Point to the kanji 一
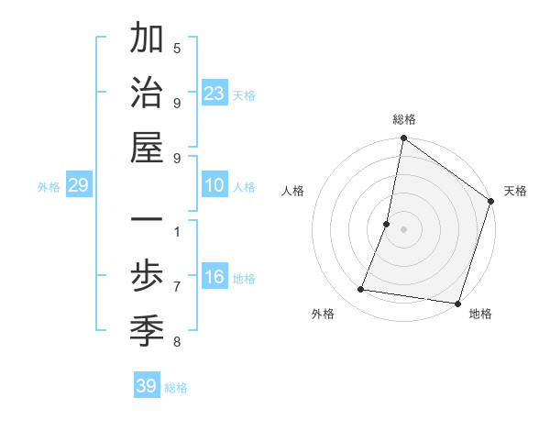(x=147, y=222)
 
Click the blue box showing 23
(x=214, y=94)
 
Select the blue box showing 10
(x=214, y=185)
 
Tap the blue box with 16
(x=214, y=278)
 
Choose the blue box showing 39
(x=147, y=386)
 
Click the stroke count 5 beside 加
(x=177, y=49)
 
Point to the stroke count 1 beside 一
(x=177, y=231)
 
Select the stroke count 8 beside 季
(x=177, y=342)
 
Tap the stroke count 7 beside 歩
(x=177, y=286)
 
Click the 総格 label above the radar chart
(x=404, y=119)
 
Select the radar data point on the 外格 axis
(x=361, y=290)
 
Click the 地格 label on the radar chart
(x=480, y=314)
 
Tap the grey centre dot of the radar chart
(x=403, y=229)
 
